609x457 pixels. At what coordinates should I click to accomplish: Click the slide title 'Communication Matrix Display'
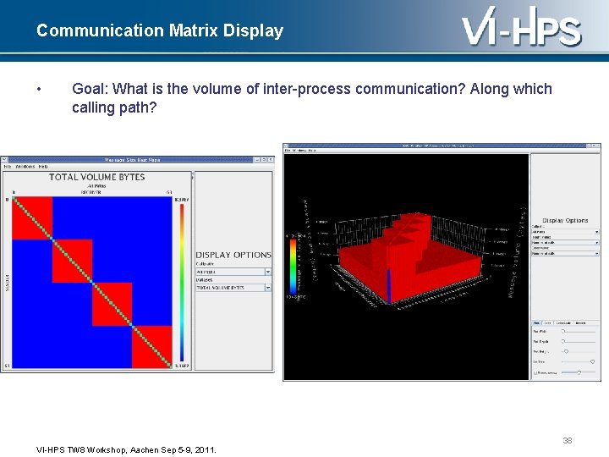(x=160, y=31)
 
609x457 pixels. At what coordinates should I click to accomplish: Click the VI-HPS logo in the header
(x=522, y=30)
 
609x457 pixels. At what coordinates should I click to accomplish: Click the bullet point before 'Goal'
(x=40, y=90)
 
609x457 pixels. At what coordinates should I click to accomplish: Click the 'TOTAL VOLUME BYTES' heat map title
(x=96, y=177)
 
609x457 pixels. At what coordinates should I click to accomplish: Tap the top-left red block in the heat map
(x=32, y=217)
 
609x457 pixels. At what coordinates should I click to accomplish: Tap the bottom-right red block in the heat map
(x=152, y=345)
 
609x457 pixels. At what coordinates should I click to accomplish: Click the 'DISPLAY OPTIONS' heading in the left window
(x=233, y=255)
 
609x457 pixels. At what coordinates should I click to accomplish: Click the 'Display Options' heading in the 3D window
(x=565, y=220)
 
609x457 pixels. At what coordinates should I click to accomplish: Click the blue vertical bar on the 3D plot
(x=388, y=286)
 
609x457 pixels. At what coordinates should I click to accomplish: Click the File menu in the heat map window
(x=7, y=167)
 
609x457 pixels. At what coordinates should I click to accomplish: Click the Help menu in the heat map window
(x=43, y=167)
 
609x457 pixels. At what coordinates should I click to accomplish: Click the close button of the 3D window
(x=595, y=146)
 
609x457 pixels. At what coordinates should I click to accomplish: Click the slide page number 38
(x=568, y=440)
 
